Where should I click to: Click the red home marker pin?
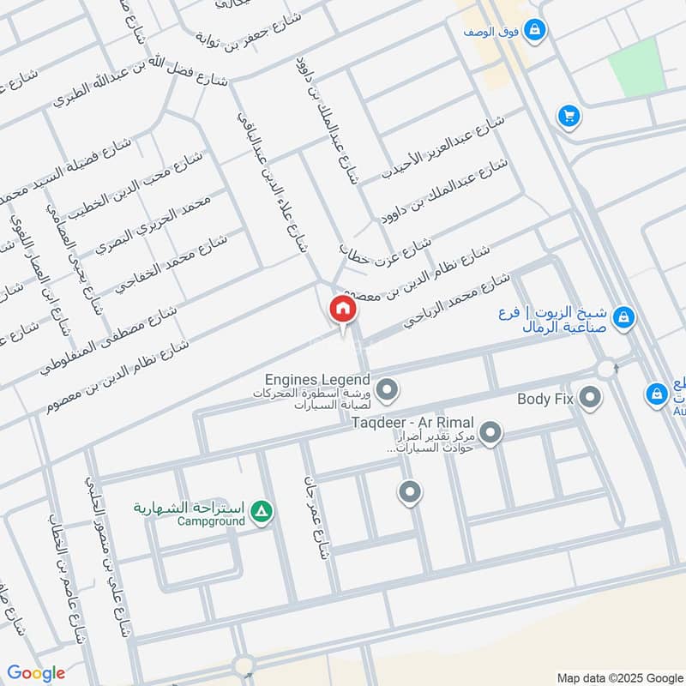(x=341, y=310)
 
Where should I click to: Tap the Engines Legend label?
(x=317, y=380)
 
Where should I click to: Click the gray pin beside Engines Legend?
(x=387, y=391)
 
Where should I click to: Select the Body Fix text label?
(x=545, y=399)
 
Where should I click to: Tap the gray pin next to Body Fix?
(x=590, y=397)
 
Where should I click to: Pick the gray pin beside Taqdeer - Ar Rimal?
(x=490, y=433)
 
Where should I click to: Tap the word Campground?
(x=211, y=521)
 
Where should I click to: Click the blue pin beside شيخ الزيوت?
(x=625, y=317)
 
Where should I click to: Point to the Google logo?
(x=36, y=673)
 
